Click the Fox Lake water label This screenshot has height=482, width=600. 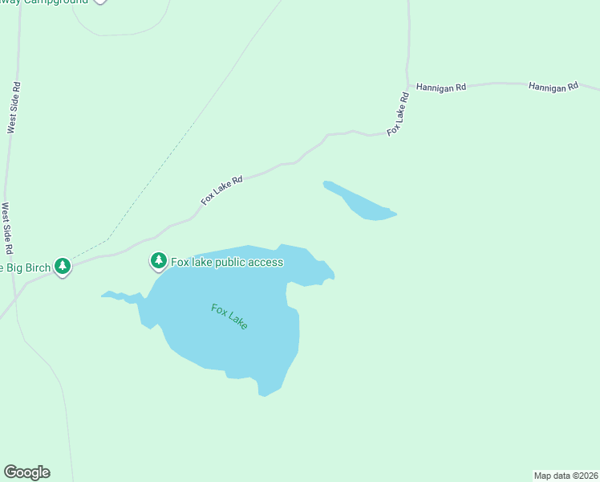point(229,316)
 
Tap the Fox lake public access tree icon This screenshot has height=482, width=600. point(159,261)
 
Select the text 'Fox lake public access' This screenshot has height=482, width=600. point(227,262)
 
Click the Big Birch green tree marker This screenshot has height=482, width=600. point(63,267)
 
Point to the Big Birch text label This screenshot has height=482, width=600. point(25,267)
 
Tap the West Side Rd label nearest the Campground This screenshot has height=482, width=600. point(13,107)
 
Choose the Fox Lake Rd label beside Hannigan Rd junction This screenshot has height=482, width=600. point(398,114)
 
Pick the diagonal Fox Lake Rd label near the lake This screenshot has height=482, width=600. point(221,190)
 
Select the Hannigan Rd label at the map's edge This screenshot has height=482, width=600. point(553,85)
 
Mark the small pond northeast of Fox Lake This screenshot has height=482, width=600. point(365,203)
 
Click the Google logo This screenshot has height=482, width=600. point(26,472)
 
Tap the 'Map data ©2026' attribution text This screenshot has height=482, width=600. point(566,476)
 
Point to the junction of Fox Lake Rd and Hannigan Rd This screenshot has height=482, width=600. point(408,84)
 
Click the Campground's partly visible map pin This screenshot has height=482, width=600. point(99,2)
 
